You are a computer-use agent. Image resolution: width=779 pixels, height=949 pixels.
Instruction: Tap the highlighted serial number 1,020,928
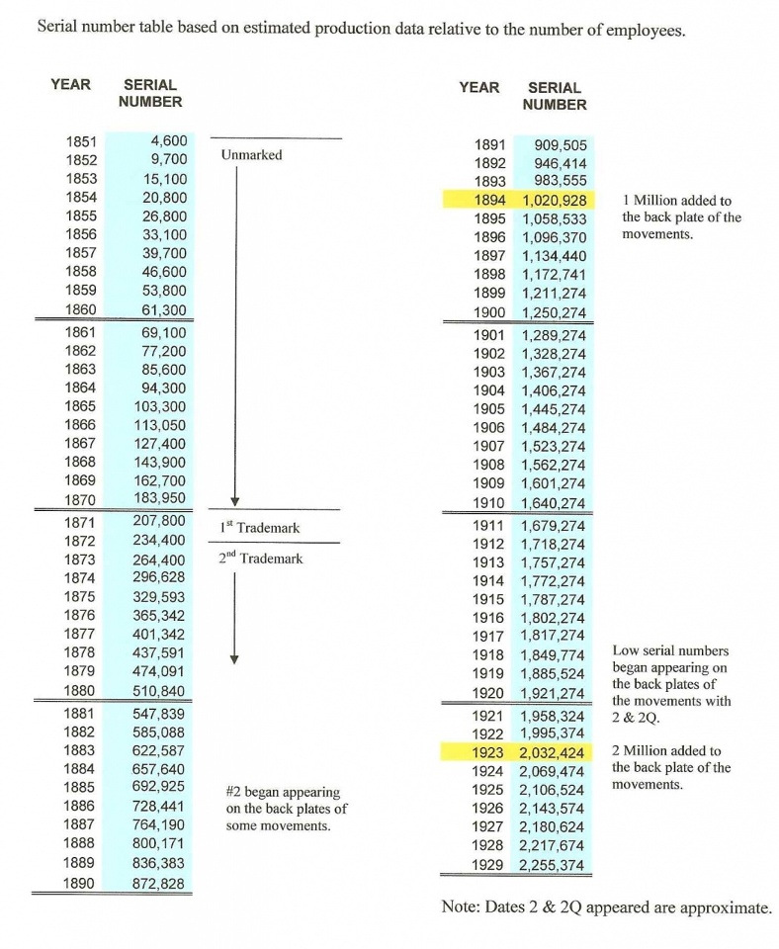tap(554, 200)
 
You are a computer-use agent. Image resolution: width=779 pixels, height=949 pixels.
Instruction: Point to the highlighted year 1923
tap(489, 752)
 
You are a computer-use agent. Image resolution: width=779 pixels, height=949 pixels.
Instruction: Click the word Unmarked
tap(251, 155)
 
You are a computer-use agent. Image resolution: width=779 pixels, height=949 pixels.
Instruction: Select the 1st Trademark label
tap(259, 528)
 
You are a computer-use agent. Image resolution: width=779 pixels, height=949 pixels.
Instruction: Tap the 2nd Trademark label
tap(260, 559)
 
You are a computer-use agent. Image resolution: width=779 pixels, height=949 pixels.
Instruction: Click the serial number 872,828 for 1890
tap(158, 883)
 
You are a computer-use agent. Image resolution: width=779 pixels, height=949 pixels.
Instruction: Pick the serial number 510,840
tap(158, 690)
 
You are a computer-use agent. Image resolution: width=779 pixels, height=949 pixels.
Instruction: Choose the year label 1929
tap(489, 865)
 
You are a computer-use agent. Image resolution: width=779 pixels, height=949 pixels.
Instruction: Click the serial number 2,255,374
tap(554, 865)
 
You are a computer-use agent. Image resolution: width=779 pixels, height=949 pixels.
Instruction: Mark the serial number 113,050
tap(159, 425)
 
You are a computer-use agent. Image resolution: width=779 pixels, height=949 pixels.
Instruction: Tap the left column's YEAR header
tap(70, 85)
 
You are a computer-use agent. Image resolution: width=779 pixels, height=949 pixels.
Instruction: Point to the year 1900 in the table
tap(489, 312)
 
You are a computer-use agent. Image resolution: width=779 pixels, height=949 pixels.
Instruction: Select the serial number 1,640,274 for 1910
tap(554, 502)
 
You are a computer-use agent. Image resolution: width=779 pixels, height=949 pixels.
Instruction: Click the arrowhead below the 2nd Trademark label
tap(234, 659)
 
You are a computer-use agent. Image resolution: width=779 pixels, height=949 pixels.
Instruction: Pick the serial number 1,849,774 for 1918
tap(554, 653)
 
